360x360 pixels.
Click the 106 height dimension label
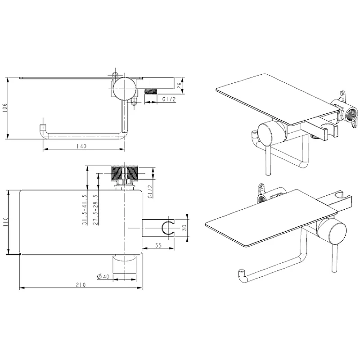coord(5,108)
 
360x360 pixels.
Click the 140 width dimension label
coord(81,146)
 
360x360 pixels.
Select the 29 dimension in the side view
coord(180,85)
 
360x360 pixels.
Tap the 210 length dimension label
coord(81,285)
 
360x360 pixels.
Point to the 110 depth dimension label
coord(5,222)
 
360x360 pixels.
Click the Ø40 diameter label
coord(103,276)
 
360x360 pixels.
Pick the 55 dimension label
coord(158,245)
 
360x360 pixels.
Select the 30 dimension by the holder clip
coord(184,228)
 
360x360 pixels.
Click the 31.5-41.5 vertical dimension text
coord(85,209)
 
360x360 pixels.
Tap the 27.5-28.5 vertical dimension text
coord(95,209)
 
